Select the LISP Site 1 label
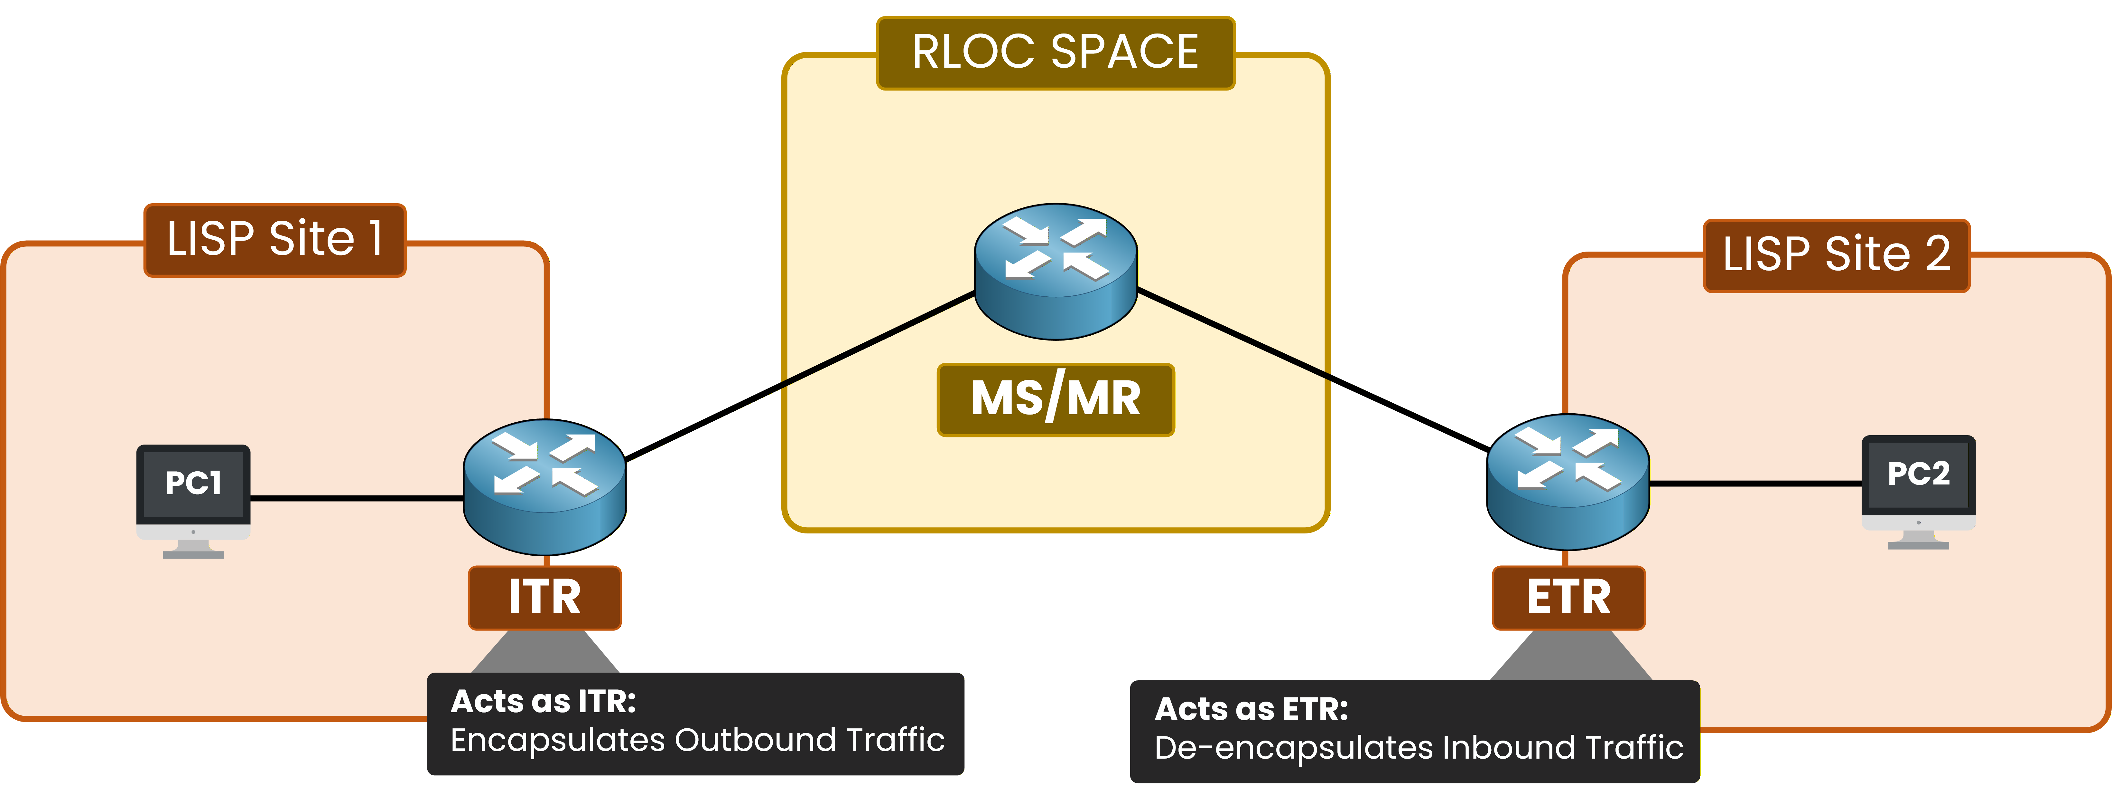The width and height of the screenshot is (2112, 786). click(274, 240)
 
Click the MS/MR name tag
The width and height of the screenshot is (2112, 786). click(1055, 399)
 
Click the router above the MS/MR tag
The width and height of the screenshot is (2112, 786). click(1055, 271)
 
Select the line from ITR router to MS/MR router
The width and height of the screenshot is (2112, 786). click(799, 375)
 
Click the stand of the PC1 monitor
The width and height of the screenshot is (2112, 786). click(193, 550)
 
